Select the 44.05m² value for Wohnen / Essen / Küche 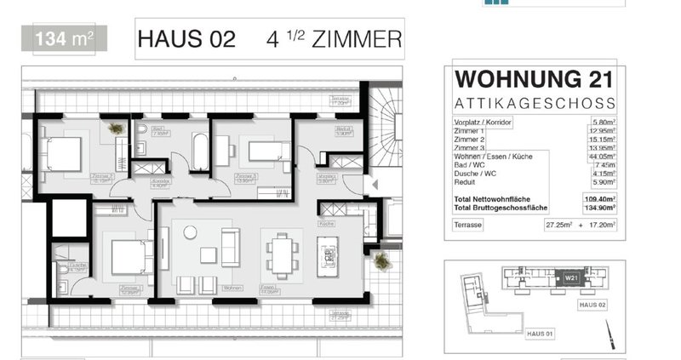tap(601, 157)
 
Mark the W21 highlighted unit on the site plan tap(570, 277)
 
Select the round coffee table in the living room tap(190, 231)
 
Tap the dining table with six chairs tap(281, 252)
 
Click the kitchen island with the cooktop tap(327, 252)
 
